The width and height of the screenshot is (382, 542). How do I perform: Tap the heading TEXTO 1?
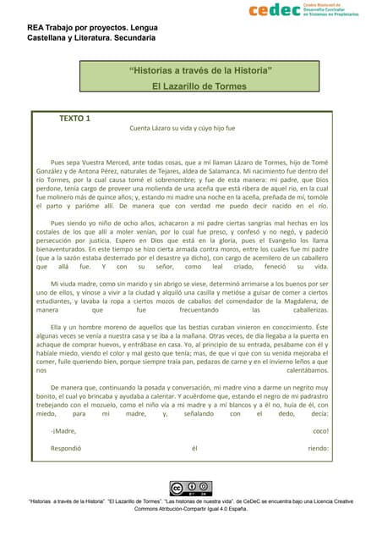click(x=75, y=118)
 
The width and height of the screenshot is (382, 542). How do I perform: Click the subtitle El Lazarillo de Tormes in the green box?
click(x=199, y=86)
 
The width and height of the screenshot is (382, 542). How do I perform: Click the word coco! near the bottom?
click(x=320, y=431)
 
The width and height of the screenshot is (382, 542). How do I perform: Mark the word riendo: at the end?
click(x=318, y=448)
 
